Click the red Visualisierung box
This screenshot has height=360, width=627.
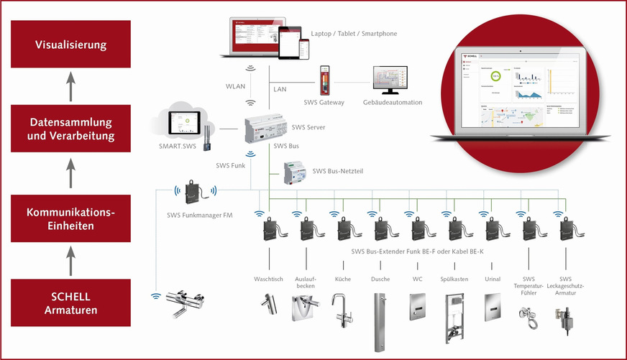coord(70,45)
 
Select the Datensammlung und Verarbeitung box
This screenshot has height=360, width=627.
coord(70,129)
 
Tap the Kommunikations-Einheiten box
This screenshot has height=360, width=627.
coord(70,220)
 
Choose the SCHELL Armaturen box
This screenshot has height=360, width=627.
coord(70,303)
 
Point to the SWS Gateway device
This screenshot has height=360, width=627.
coord(325,80)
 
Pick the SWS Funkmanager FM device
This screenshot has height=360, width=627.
coord(196,193)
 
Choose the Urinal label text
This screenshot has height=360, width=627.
coord(493,279)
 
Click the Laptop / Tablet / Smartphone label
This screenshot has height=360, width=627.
coord(354,33)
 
